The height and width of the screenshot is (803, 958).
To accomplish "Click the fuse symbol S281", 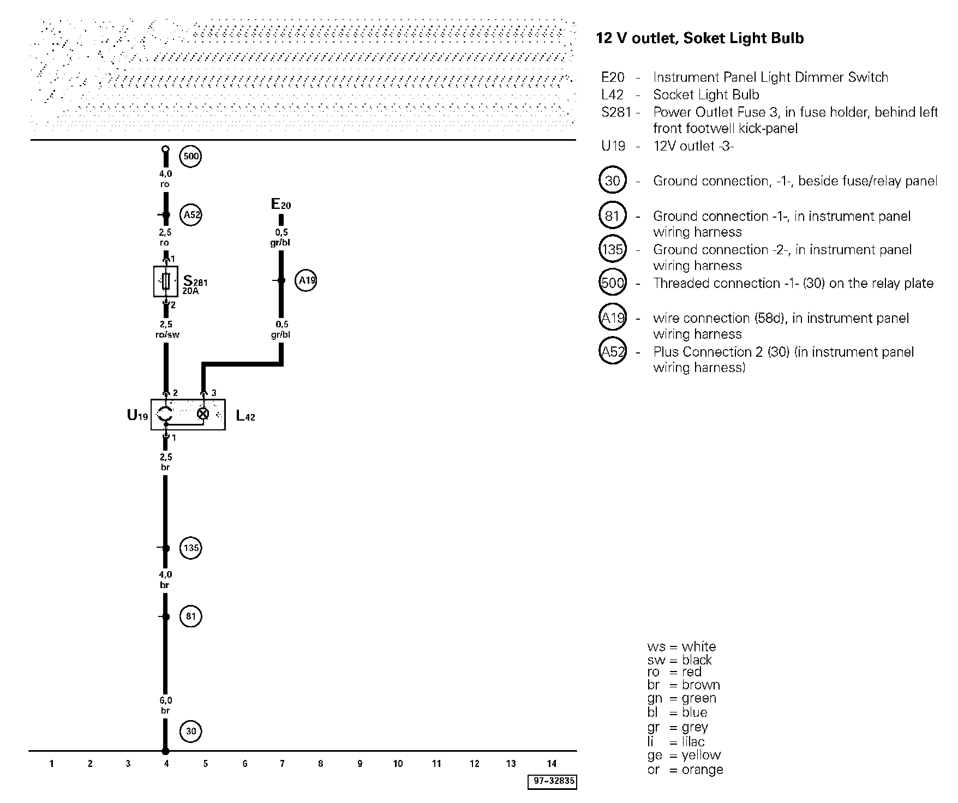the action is pos(166,281).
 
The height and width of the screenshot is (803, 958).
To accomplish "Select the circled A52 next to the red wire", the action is pos(191,215).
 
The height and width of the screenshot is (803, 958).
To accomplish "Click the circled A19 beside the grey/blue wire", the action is pos(306,281).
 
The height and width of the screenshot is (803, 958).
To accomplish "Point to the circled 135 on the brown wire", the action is pos(191,548).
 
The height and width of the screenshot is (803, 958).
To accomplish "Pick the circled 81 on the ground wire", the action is pos(190,616).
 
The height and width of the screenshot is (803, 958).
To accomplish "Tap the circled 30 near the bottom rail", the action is pos(190,731).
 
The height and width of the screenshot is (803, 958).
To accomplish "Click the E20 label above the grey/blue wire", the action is pos(281,205).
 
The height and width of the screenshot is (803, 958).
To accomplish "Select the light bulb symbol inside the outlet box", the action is pos(203,414).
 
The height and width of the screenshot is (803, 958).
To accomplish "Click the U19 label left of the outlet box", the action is pos(137,416).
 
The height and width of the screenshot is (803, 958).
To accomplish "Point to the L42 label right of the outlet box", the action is pos(246,416).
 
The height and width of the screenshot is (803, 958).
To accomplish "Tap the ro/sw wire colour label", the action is pos(167,334).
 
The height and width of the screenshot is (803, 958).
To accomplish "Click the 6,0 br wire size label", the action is pos(165,705).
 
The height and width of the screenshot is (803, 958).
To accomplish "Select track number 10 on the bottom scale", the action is pos(398,764).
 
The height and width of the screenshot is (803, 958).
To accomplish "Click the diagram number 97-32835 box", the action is pos(552,781).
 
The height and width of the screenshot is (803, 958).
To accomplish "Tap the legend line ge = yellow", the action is pos(684,755).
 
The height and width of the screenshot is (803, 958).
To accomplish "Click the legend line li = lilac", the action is pos(676,741).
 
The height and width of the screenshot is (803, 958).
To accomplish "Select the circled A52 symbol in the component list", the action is pos(613,352).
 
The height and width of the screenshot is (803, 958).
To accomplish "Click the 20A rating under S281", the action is pos(191,291).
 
